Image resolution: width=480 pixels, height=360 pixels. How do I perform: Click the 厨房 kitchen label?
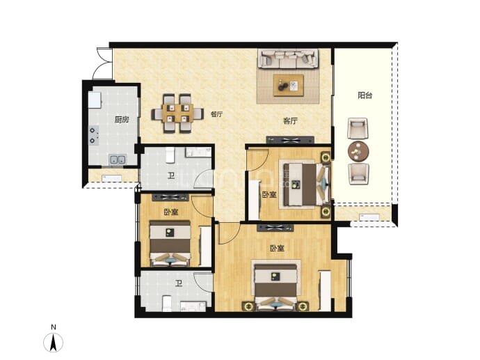[x=122, y=120]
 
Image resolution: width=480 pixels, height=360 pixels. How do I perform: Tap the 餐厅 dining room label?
[x=216, y=114]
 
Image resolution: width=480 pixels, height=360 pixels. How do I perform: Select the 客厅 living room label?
[x=290, y=120]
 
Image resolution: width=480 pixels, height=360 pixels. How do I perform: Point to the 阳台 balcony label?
[x=365, y=95]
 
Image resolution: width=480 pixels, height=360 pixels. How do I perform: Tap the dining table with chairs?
[x=177, y=114]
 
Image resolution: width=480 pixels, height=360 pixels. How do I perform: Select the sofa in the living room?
[x=288, y=58]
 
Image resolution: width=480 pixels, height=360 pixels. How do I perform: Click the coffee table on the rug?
[x=289, y=85]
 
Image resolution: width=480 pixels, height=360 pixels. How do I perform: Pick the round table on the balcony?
[x=358, y=151]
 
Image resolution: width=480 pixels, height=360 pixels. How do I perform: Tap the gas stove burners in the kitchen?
[x=94, y=135]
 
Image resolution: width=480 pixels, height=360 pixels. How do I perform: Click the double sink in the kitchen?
[x=118, y=159]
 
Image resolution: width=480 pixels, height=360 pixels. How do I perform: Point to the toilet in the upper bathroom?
[x=170, y=155]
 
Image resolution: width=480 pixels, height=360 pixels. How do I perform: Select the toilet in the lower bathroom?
[x=167, y=304]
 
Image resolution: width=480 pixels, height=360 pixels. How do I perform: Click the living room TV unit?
[x=290, y=140]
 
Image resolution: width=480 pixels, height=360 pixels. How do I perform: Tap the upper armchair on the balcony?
[x=358, y=128]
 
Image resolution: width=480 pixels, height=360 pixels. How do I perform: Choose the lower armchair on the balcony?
[x=358, y=173]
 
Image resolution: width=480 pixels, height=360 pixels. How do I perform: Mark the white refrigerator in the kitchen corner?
[x=95, y=100]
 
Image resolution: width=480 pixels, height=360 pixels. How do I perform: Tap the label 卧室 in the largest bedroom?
[x=277, y=248]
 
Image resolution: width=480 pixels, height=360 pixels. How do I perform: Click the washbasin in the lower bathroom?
[x=193, y=306]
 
